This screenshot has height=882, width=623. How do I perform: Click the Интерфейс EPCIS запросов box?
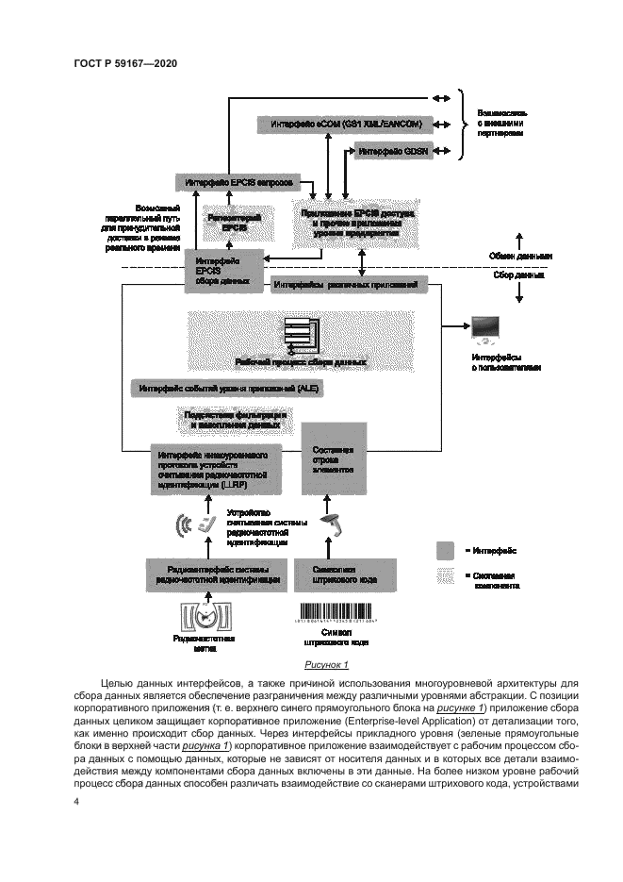pos(237,180)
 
